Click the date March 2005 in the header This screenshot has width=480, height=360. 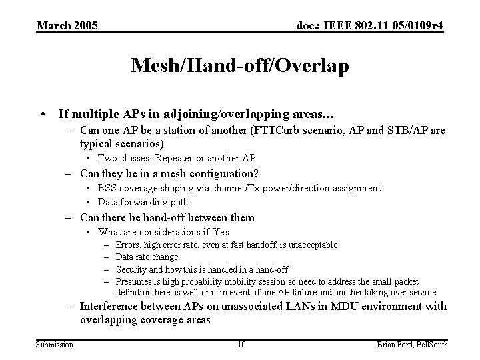(x=67, y=26)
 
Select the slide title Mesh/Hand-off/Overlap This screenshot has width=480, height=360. (x=239, y=66)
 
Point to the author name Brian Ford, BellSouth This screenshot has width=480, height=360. (x=413, y=344)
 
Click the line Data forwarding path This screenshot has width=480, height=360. (x=143, y=202)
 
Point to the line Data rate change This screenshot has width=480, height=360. (x=147, y=257)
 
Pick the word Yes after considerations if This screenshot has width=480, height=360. (x=221, y=232)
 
